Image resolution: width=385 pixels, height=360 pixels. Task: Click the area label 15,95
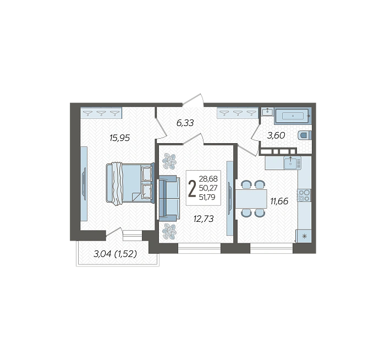[x=119, y=138]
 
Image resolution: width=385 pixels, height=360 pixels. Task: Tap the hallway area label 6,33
[x=185, y=123]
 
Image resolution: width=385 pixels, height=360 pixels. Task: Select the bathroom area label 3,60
[x=276, y=135]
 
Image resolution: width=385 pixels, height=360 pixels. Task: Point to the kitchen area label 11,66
[x=279, y=201]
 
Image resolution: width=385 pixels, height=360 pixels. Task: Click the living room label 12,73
[x=204, y=219]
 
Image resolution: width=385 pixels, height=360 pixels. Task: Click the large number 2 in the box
[x=192, y=189]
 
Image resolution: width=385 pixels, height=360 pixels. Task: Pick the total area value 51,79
[x=207, y=197]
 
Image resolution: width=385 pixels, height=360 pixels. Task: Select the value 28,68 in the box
[x=208, y=178]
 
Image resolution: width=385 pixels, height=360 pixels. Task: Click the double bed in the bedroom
[x=130, y=183]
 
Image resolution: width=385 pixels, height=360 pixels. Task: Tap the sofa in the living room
[x=168, y=198]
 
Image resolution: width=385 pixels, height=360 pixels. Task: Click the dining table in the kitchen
[x=251, y=199]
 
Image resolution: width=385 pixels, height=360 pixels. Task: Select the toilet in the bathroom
[x=305, y=135]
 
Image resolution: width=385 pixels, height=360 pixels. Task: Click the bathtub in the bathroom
[x=293, y=116]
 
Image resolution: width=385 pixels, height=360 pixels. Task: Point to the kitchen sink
[x=292, y=163]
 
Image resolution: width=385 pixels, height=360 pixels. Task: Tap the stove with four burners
[x=304, y=195]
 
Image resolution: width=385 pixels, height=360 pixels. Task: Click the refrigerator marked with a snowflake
[x=304, y=236]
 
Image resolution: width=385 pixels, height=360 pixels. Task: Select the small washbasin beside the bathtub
[x=267, y=112]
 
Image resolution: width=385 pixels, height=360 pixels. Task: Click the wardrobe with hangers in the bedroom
[x=101, y=113]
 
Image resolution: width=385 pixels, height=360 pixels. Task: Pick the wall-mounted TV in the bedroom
[x=84, y=184]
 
